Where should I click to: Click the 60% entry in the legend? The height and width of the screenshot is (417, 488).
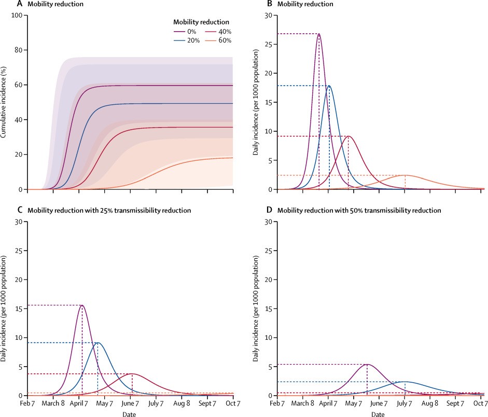pyautogui.click(x=218, y=40)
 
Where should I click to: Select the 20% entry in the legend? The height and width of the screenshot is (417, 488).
pyautogui.click(x=185, y=40)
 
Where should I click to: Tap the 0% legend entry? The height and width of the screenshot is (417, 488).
pyautogui.click(x=185, y=32)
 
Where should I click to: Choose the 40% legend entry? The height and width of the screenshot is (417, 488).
pyautogui.click(x=218, y=32)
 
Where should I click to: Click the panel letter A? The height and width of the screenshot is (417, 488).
pyautogui.click(x=5, y=4)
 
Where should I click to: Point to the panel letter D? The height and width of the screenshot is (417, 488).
pyautogui.click(x=269, y=211)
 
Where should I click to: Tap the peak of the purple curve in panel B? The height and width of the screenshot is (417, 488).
pyautogui.click(x=318, y=34)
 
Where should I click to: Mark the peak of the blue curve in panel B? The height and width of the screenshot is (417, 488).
pyautogui.click(x=329, y=86)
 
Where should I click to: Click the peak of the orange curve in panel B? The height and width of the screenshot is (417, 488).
pyautogui.click(x=405, y=175)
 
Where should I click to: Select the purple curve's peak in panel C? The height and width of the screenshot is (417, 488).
pyautogui.click(x=82, y=305)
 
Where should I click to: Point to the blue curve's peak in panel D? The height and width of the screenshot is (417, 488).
pyautogui.click(x=405, y=382)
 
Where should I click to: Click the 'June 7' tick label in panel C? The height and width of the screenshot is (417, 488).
pyautogui.click(x=131, y=403)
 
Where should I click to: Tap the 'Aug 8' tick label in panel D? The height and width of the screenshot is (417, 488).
pyautogui.click(x=430, y=403)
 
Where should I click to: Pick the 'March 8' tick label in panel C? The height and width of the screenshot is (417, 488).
pyautogui.click(x=54, y=403)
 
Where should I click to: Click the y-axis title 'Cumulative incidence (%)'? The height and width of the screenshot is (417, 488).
pyautogui.click(x=5, y=102)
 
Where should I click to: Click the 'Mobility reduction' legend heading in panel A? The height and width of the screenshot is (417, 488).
pyautogui.click(x=201, y=22)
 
